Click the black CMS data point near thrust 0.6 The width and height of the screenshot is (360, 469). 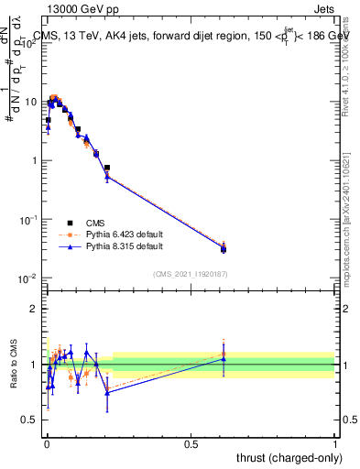pyautogui.click(x=224, y=249)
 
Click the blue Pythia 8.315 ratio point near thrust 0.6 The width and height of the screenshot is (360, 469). pyautogui.click(x=224, y=359)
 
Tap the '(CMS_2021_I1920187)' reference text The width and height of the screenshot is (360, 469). pyautogui.click(x=191, y=272)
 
